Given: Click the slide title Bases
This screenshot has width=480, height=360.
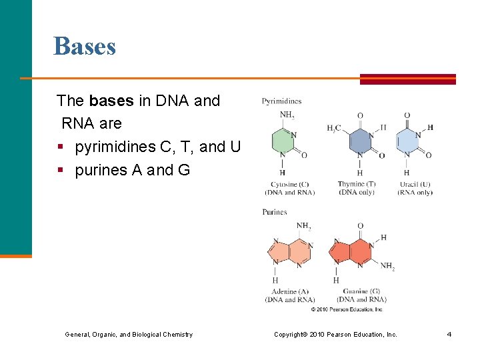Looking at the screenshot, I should pos(85,46).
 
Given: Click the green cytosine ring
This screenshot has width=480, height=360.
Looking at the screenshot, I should pos(283,142).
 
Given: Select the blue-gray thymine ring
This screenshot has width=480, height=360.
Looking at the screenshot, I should pos(361,141).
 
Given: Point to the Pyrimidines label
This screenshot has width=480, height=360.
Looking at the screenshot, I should pos(281,101).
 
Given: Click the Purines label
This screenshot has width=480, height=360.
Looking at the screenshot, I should pos(275,212).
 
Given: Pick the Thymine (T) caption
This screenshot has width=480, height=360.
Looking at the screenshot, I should pos(356,184).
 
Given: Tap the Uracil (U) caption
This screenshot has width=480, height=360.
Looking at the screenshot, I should pos(415,184).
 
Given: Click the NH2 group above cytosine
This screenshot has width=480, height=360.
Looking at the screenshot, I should pos(287,115).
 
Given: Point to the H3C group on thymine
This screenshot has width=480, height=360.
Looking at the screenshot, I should pos(334,128).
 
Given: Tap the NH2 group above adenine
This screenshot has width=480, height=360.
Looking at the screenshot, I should pos(303,226).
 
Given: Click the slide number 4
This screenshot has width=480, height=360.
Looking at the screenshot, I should pos(449,334).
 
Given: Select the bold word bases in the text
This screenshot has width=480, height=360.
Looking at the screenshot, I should pos(111,101).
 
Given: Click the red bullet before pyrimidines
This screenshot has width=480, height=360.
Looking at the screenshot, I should pos(61,147).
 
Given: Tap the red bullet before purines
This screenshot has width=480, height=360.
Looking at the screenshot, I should pos(61,171).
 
